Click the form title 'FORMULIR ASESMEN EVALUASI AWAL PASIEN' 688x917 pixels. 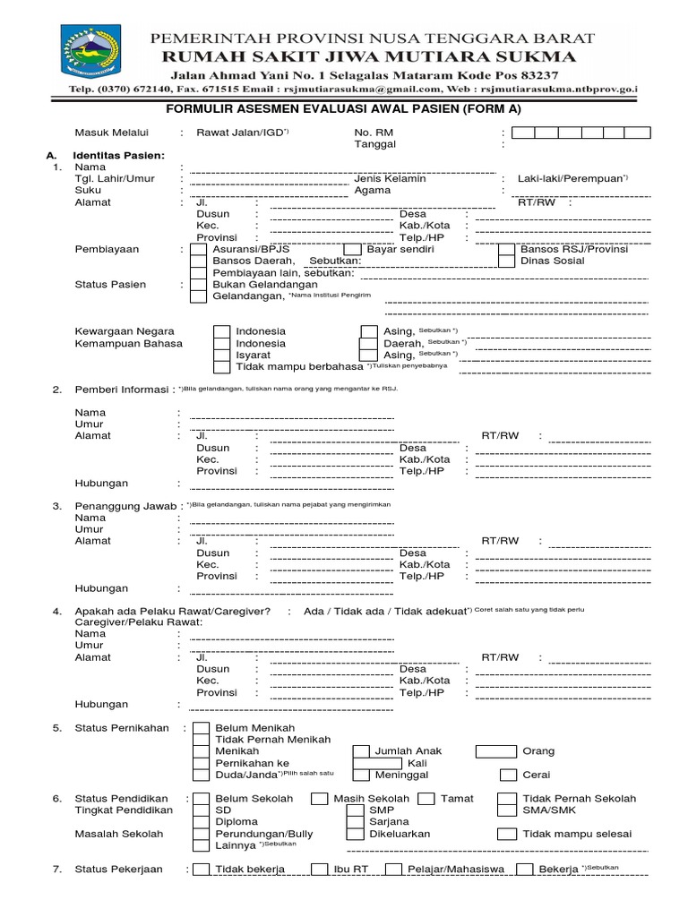click(344, 109)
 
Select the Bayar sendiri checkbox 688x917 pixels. click(352, 250)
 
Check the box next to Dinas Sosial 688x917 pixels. click(506, 261)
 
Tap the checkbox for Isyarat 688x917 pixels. click(221, 356)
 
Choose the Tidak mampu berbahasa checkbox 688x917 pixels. click(221, 367)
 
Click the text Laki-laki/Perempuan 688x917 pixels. click(570, 179)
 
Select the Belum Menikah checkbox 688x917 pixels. click(202, 729)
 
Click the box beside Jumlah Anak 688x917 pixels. click(495, 752)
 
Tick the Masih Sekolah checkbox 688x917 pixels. click(319, 799)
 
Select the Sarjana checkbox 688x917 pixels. click(355, 822)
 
